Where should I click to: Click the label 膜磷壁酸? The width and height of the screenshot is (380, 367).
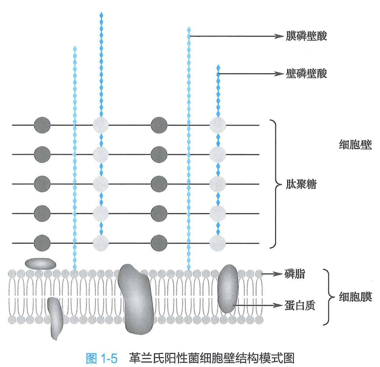[x=306, y=36]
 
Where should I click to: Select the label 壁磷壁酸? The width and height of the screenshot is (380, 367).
[x=306, y=74]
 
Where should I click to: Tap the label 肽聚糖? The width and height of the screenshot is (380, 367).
[x=301, y=184]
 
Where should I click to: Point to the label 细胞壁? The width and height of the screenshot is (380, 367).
[x=355, y=144]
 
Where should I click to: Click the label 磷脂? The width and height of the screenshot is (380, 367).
[x=295, y=274]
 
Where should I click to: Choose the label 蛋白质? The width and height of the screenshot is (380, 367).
[x=300, y=305]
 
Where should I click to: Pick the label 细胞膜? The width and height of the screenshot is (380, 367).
[x=355, y=297]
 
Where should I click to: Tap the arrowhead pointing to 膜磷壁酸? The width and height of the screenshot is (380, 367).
[x=280, y=36]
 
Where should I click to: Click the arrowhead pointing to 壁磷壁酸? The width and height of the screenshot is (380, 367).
[x=280, y=74]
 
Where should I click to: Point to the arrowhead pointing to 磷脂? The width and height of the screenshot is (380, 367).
[x=279, y=274]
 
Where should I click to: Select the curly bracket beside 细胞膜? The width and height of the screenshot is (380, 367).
[x=328, y=297]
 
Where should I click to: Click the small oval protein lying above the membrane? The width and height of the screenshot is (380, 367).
[x=40, y=264]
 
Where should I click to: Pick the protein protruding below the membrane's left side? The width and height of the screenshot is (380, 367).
[x=55, y=317]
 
